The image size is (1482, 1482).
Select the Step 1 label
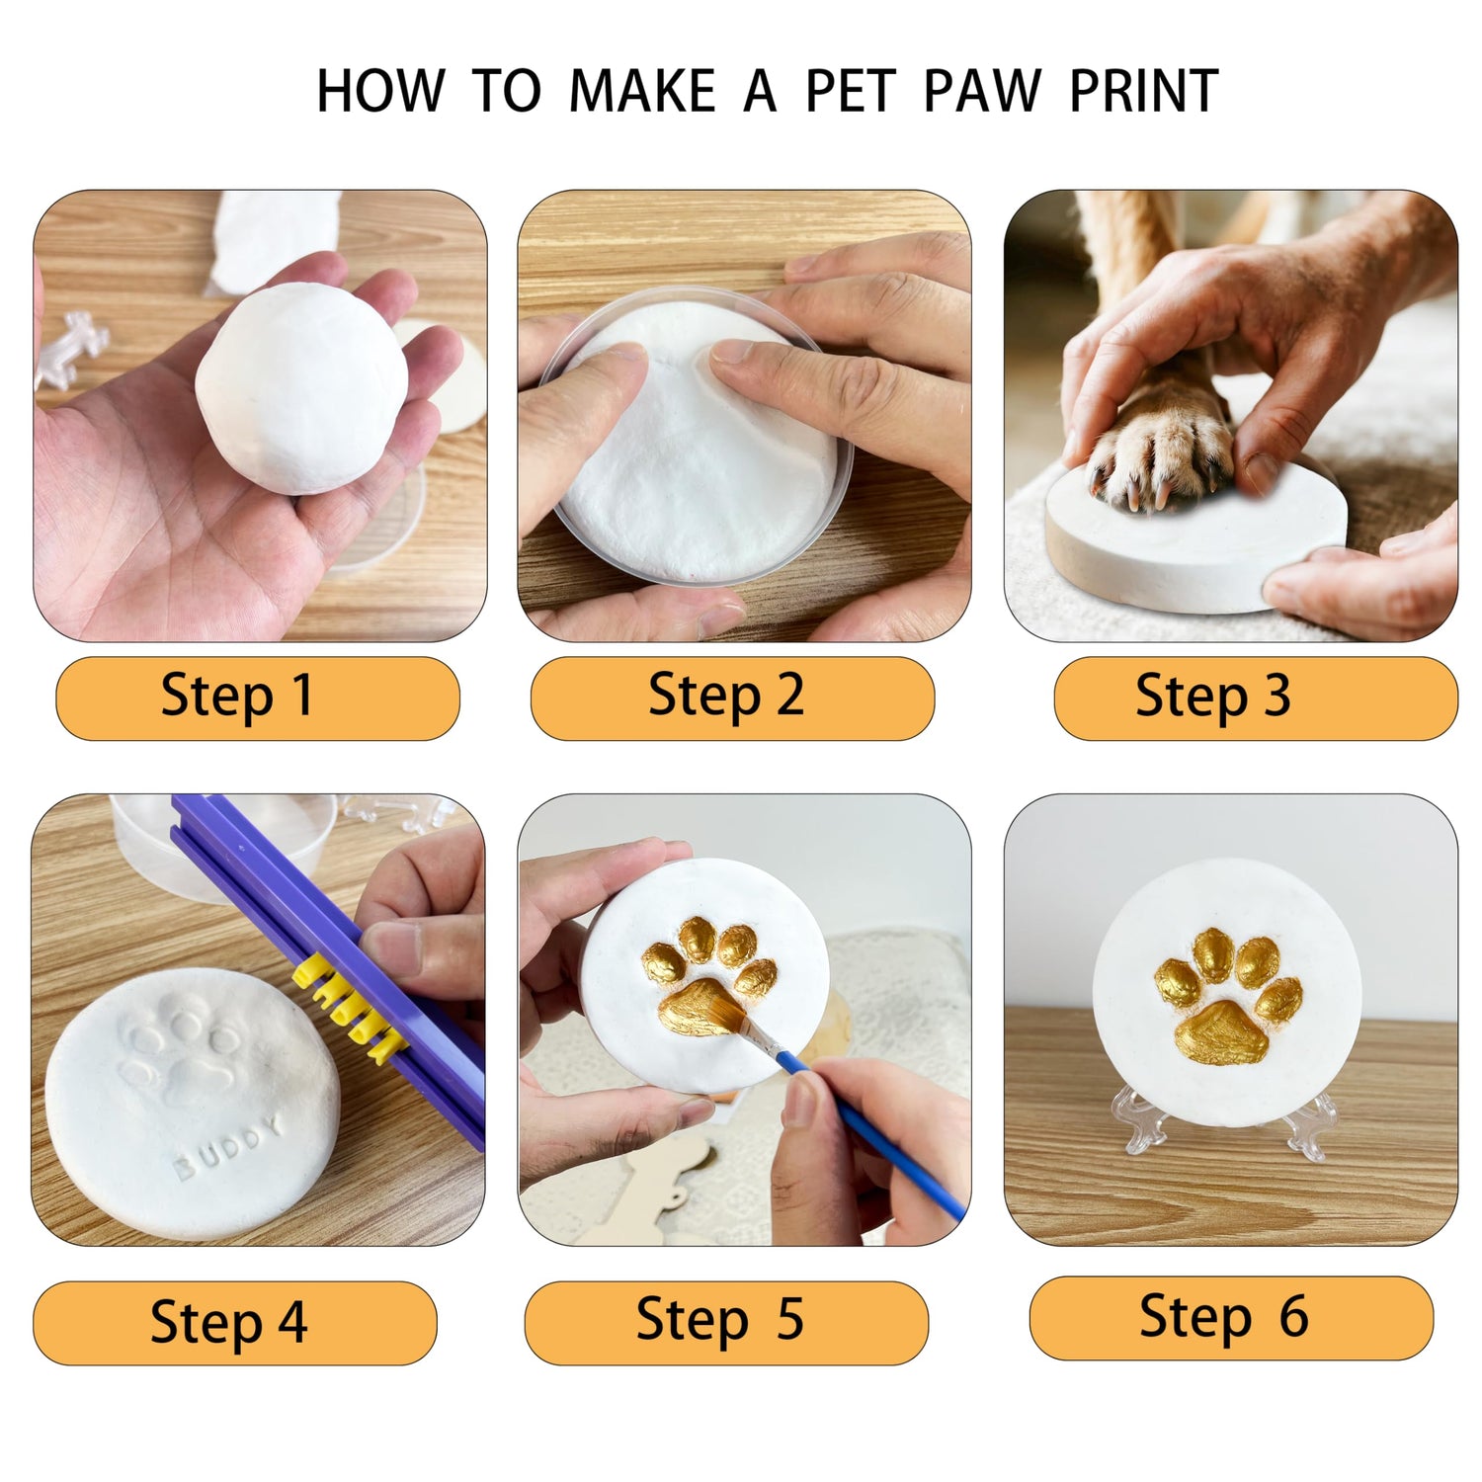(x=237, y=696)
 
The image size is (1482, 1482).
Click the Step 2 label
(x=726, y=696)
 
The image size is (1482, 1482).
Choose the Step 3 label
(x=1213, y=696)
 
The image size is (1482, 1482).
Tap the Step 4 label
(x=228, y=1323)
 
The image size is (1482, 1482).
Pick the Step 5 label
(x=719, y=1320)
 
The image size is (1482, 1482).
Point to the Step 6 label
(x=1224, y=1317)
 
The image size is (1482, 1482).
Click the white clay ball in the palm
(x=301, y=388)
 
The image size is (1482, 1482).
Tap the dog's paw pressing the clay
(x=1161, y=445)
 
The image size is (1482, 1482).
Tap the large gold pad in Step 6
(x=1221, y=1033)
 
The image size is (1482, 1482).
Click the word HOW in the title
(x=380, y=92)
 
